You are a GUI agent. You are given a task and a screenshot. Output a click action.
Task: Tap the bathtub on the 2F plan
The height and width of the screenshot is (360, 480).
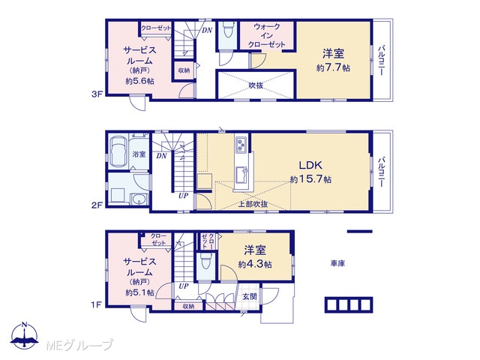point(118,151)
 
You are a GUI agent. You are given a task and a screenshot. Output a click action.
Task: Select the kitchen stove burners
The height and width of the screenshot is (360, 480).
point(241,145)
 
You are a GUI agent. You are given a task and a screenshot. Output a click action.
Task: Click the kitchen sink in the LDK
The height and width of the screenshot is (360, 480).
point(243,175)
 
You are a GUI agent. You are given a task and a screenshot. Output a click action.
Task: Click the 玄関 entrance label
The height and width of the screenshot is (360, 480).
point(250,297)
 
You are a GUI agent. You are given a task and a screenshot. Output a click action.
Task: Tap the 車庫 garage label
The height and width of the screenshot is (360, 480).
point(337,263)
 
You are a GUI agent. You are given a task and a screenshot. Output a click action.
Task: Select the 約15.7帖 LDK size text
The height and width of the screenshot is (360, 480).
point(310,178)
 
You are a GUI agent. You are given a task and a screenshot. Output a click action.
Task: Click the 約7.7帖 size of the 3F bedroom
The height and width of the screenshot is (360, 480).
point(333,67)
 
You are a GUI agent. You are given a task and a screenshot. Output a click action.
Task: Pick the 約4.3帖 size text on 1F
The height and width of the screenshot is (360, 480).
point(255,264)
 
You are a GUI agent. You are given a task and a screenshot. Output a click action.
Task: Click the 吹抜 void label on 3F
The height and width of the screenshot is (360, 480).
point(256,85)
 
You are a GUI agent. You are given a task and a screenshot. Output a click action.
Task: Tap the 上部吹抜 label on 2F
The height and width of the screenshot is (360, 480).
point(253,204)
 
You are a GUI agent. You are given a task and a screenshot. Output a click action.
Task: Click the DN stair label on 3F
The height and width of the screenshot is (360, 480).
point(207,30)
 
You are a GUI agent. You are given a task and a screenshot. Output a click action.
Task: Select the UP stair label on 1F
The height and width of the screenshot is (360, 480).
point(183,286)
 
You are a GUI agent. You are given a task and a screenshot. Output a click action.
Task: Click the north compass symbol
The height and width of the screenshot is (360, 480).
point(25,335)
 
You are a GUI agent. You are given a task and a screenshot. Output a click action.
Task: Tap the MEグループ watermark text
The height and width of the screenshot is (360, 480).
point(79,345)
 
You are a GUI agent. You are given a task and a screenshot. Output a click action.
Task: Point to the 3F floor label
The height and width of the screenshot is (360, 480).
point(97,94)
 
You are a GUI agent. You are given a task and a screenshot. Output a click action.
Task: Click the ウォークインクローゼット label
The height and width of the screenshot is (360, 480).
point(266,35)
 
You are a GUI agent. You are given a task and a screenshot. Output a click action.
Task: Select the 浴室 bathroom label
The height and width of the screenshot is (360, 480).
point(139,154)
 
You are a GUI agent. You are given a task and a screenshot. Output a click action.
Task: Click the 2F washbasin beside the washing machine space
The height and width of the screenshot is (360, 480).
point(140,199)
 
